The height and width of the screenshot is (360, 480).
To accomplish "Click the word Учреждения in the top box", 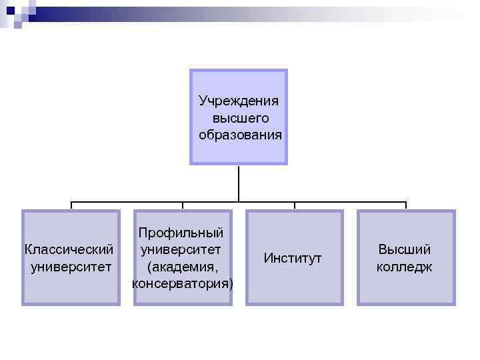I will pyautogui.click(x=239, y=101).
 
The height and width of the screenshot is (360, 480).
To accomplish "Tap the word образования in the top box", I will pyautogui.click(x=240, y=135).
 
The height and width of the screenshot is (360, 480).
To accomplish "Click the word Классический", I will pyautogui.click(x=69, y=250).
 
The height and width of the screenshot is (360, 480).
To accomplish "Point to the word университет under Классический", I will pyautogui.click(x=71, y=267).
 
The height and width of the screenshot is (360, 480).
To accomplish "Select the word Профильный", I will pyautogui.click(x=181, y=233).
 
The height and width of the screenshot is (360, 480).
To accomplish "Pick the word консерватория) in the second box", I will pyautogui.click(x=183, y=284).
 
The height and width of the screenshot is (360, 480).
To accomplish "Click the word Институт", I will pyautogui.click(x=293, y=257).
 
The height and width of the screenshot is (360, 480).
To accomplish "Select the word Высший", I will pyautogui.click(x=404, y=250).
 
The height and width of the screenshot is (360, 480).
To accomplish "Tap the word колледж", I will pyautogui.click(x=404, y=267).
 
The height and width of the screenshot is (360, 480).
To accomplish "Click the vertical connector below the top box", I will pyautogui.click(x=238, y=183).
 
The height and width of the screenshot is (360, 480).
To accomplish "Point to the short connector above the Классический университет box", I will pyautogui.click(x=71, y=206).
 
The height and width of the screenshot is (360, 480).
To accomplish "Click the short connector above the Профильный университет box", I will pyautogui.click(x=183, y=206).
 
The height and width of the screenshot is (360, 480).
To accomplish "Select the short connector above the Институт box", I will pyautogui.click(x=294, y=206).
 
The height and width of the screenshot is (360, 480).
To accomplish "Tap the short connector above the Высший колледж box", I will pyautogui.click(x=405, y=206).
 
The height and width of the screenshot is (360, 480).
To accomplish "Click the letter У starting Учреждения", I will pyautogui.click(x=203, y=101).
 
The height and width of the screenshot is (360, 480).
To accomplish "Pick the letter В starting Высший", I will pyautogui.click(x=382, y=250).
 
